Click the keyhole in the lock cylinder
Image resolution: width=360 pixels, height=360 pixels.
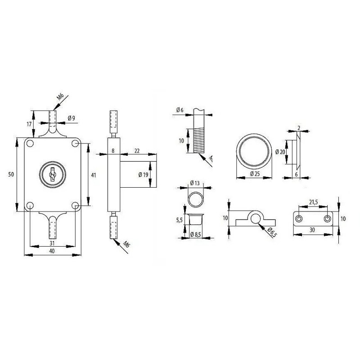tap(52, 175)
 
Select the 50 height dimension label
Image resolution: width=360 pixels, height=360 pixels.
tap(11, 174)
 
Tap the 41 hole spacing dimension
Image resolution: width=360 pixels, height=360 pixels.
tap(94, 175)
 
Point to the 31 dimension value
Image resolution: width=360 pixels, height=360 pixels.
tap(52, 243)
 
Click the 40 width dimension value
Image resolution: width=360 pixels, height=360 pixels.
tap(52, 251)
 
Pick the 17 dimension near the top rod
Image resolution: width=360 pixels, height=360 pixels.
tap(29, 124)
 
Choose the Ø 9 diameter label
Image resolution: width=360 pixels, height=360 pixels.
tap(72, 118)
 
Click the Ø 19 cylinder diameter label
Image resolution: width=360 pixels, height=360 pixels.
tap(143, 175)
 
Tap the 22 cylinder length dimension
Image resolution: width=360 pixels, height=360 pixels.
tap(137, 151)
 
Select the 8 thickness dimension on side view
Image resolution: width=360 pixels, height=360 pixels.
tap(113, 151)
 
